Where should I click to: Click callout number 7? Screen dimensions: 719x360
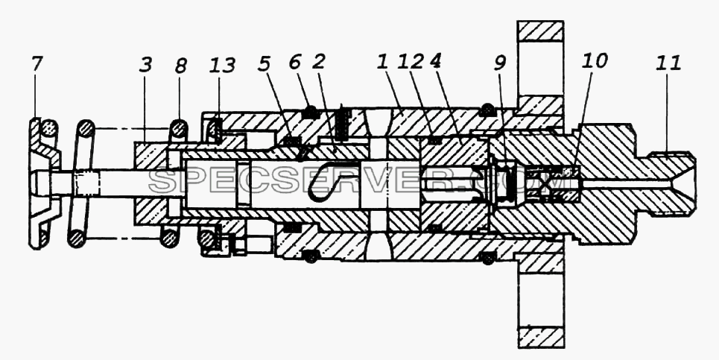pos(37,64)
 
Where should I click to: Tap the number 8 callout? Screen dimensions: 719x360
pos(180,66)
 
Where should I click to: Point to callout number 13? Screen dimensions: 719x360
pos(221,66)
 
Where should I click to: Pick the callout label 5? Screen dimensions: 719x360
pos(263,64)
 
